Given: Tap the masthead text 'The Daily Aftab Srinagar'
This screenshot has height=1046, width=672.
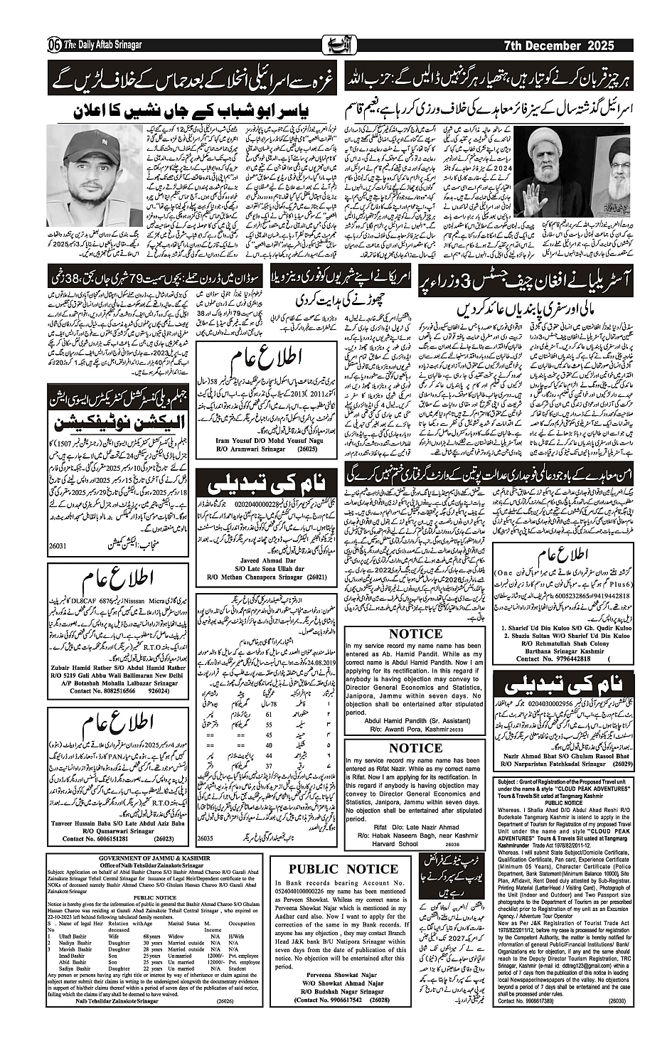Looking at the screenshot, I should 103,46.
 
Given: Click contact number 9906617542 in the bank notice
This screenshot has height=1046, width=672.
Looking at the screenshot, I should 327,1000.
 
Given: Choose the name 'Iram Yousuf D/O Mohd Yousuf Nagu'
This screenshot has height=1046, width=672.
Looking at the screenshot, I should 266,441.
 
